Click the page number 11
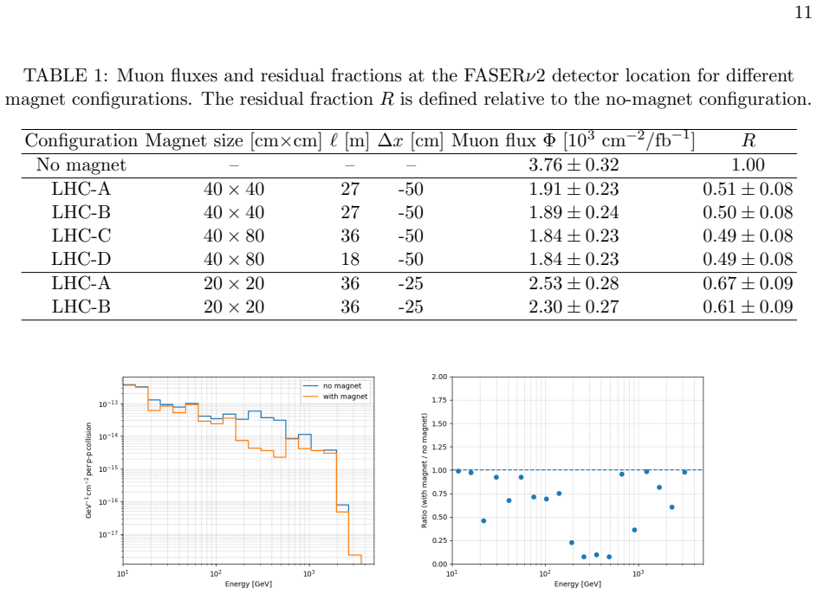click(803, 12)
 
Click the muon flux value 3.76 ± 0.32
click(574, 165)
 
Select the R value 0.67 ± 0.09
click(748, 284)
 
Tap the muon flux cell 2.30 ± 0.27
click(574, 307)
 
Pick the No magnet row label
click(81, 165)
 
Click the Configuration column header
click(81, 140)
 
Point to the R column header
click(749, 140)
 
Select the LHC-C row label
click(81, 236)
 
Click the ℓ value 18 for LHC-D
click(350, 259)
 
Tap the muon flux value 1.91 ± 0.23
click(574, 189)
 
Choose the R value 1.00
click(749, 165)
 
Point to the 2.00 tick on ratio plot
click(439, 377)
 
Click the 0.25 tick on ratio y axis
click(439, 541)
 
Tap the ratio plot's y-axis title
click(425, 471)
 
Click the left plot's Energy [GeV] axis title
click(249, 584)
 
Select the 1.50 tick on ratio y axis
click(439, 423)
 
